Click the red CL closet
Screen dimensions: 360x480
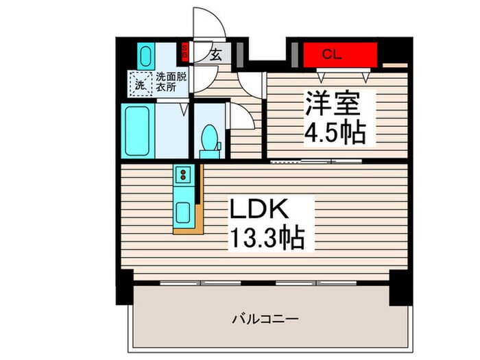point(340,53)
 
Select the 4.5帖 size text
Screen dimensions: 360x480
point(335,132)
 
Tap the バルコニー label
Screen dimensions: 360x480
point(264,319)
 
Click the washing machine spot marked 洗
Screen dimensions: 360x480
point(139,84)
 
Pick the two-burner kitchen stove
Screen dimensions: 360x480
point(184,177)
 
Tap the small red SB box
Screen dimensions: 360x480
point(184,49)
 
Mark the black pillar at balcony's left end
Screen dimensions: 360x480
point(123,287)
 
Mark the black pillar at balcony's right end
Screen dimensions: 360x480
point(399,287)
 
